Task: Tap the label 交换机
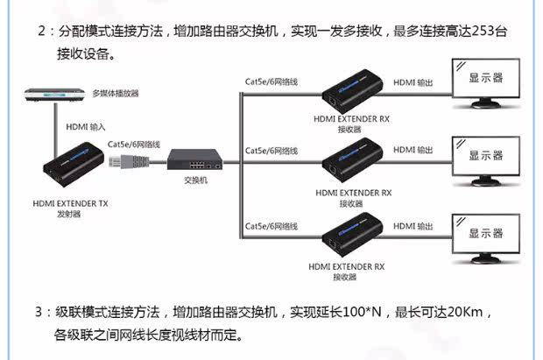click(194, 181)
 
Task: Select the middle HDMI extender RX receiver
click(349, 163)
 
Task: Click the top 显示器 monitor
click(485, 79)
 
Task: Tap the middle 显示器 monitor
click(485, 155)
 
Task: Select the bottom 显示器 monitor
click(485, 233)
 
